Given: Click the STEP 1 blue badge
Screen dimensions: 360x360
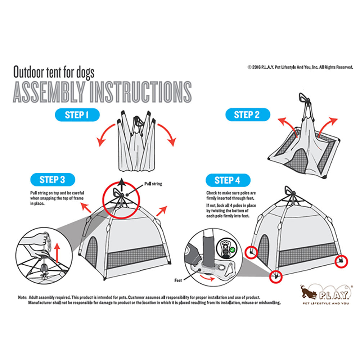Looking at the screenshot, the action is pyautogui.click(x=77, y=115).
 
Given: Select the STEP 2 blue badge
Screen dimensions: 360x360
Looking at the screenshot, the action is pyautogui.click(x=248, y=114).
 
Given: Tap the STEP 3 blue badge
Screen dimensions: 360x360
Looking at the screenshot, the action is pyautogui.click(x=53, y=180).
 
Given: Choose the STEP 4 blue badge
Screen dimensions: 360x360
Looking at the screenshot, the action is pyautogui.click(x=228, y=180).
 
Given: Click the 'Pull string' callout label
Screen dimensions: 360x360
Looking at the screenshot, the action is pyautogui.click(x=153, y=184).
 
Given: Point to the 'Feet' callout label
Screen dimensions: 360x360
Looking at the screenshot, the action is pyautogui.click(x=178, y=280).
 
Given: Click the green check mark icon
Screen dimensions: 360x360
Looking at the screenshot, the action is pyautogui.click(x=232, y=249).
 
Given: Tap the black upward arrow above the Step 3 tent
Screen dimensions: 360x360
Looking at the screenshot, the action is pyautogui.click(x=122, y=184).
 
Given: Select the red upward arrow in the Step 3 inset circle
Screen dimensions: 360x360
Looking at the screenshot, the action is pyautogui.click(x=57, y=253).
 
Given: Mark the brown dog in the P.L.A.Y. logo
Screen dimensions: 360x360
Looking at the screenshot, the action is pyautogui.click(x=308, y=293).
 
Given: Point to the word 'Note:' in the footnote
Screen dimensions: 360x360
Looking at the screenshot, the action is pyautogui.click(x=22, y=297).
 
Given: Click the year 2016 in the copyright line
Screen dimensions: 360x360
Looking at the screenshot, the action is pyautogui.click(x=256, y=67).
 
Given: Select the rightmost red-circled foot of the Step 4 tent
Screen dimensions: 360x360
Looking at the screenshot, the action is pyautogui.click(x=341, y=261).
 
